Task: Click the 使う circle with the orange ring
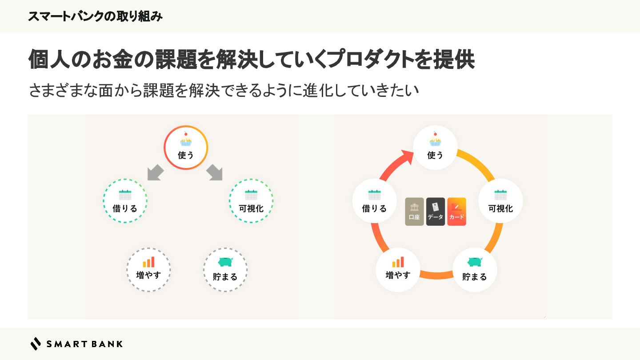point(186,148)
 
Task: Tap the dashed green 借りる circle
point(125,201)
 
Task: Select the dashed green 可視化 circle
point(251,201)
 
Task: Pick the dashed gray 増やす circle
point(148,269)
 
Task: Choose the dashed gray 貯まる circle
point(225,269)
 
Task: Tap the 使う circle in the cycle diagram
point(435,148)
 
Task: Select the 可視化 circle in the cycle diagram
point(500,201)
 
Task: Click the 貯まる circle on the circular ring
point(475,269)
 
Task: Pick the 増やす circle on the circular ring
point(398,269)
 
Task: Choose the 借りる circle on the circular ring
point(374,201)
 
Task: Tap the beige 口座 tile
point(414,212)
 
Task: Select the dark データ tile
point(436,212)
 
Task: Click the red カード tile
point(456,212)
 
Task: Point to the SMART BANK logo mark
point(36,344)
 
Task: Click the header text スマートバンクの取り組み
point(95,16)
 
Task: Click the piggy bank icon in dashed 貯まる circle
point(225,262)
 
